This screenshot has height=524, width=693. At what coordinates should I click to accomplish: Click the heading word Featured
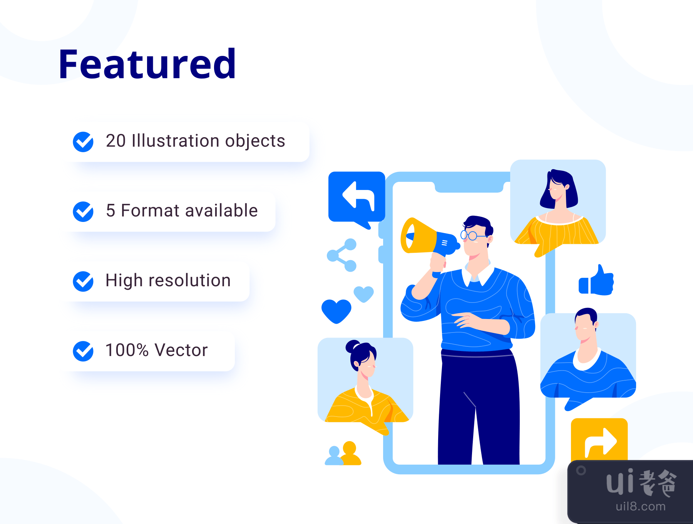coord(147,64)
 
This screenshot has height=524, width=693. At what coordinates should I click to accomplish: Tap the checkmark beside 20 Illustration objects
coord(83,142)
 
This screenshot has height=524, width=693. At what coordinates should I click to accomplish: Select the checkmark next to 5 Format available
coord(83,212)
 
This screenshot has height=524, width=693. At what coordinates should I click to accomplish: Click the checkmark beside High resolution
coord(83,281)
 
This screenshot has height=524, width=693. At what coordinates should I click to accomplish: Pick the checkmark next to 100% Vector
coord(83,351)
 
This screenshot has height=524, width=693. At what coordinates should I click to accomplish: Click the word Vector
coord(181,350)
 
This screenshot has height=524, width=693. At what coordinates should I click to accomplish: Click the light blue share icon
coord(342,255)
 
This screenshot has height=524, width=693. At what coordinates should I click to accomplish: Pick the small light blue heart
coord(363,294)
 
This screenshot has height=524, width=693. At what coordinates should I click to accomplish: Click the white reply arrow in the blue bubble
coord(358,195)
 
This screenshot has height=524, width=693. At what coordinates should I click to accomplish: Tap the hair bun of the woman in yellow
coord(352,346)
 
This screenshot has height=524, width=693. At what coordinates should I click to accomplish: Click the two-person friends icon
coord(343,453)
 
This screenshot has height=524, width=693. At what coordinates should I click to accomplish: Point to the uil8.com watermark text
coord(641,506)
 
